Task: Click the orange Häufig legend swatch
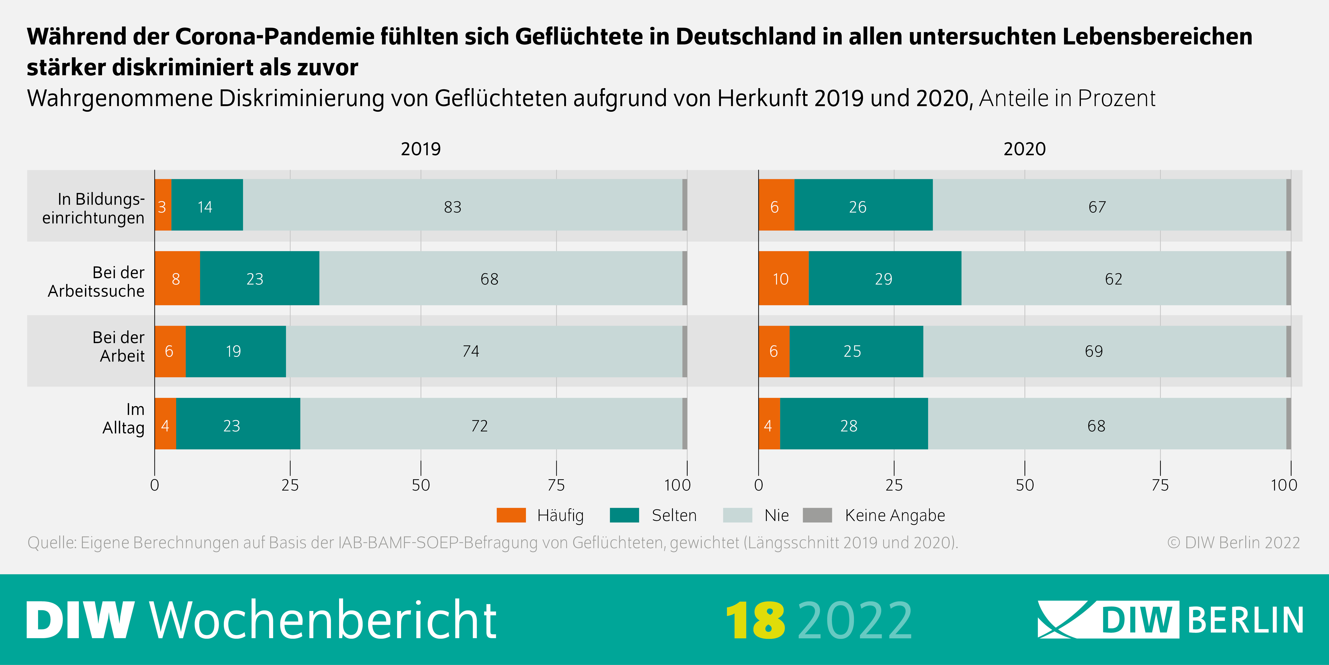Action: (x=511, y=515)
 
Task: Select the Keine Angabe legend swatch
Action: (x=817, y=515)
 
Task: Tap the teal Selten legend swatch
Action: (x=624, y=515)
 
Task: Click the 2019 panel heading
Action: (x=420, y=149)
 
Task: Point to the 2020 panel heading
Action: (x=1024, y=149)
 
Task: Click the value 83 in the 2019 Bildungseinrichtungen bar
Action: (x=453, y=207)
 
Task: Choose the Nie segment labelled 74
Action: (x=470, y=351)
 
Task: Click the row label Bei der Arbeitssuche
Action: (x=96, y=282)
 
